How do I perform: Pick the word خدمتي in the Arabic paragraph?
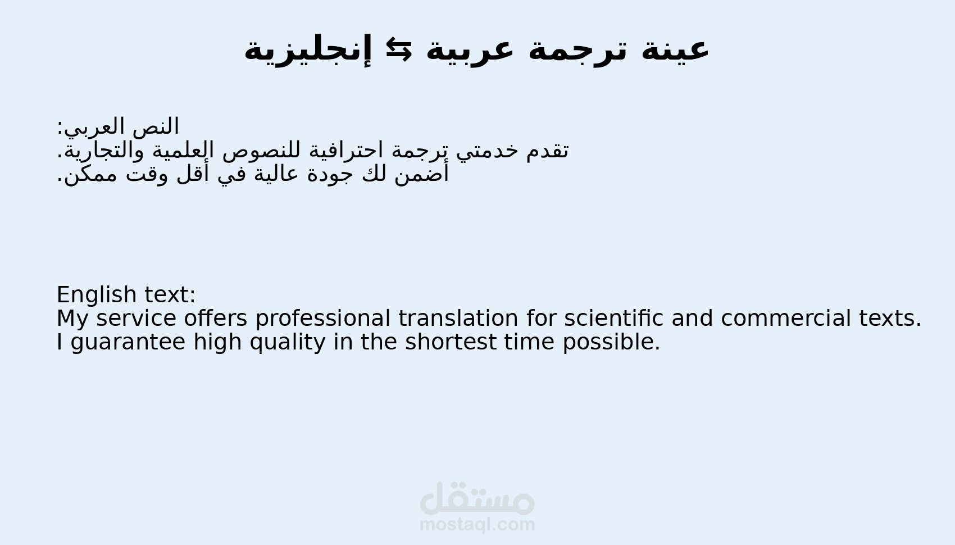tap(486, 151)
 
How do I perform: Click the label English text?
tap(126, 295)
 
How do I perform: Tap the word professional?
tap(322, 319)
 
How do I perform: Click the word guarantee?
tap(128, 342)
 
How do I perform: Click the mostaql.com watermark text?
tap(477, 525)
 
